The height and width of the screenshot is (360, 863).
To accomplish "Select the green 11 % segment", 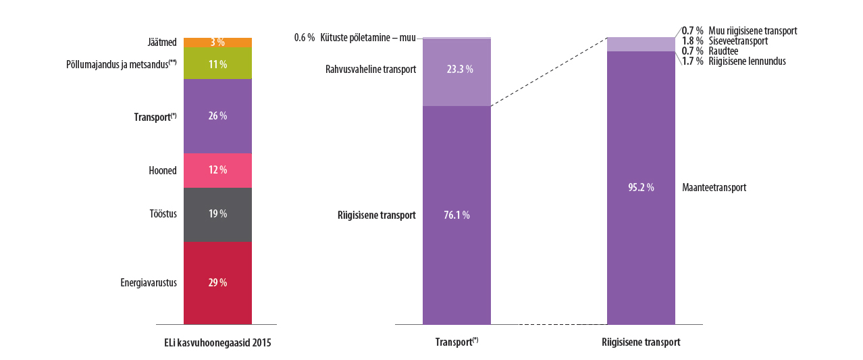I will pos(217,63).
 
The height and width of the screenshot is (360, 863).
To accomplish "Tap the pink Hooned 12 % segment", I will pos(217,170).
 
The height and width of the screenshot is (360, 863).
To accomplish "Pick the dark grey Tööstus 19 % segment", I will pos(217,214).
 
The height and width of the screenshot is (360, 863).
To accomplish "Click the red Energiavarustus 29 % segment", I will pos(217,282).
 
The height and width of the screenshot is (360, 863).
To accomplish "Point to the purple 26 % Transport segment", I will pos(217,115).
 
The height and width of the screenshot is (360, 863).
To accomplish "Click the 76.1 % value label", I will pos(456,215).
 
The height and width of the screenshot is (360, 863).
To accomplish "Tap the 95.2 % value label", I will pos(641,188).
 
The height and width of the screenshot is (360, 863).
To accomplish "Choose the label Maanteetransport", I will pos(714,188).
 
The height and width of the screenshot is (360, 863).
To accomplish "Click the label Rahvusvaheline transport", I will pos(371,69).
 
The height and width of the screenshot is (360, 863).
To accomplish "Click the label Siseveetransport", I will pos(738,41).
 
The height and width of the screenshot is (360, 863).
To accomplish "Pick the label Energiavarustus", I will pos(149,282).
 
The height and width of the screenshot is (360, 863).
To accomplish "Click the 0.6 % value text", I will pos(305,38).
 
